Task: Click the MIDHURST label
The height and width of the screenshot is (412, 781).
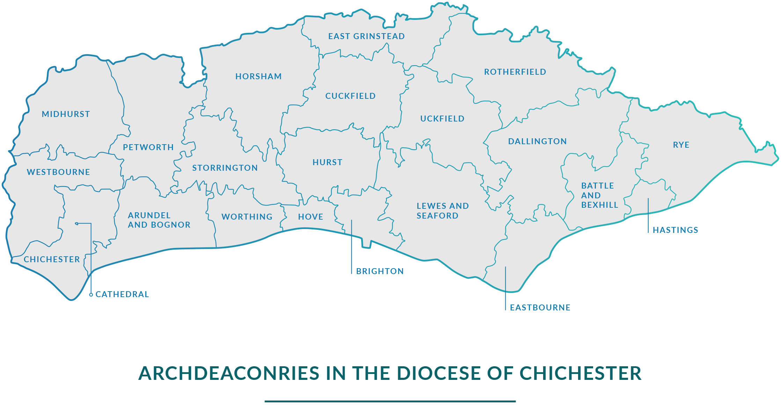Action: (x=66, y=114)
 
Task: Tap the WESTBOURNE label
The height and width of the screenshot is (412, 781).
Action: (x=58, y=172)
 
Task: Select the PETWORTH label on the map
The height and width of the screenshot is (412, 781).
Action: (x=148, y=147)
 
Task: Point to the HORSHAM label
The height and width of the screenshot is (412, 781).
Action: (x=258, y=76)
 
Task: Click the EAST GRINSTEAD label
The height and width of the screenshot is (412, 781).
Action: (x=366, y=36)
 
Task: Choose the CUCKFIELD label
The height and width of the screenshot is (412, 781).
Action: (x=350, y=96)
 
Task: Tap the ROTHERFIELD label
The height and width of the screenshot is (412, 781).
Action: (x=515, y=72)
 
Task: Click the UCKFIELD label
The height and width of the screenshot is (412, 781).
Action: (x=442, y=119)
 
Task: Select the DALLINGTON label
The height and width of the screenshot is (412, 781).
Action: (x=537, y=141)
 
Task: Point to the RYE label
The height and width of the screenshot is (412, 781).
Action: (x=681, y=145)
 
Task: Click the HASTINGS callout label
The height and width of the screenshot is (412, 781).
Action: (x=675, y=230)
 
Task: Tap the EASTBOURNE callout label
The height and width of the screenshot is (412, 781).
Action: (x=540, y=308)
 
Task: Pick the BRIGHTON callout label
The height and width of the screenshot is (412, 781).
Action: (x=380, y=271)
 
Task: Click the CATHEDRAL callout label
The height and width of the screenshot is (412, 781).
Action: (x=122, y=294)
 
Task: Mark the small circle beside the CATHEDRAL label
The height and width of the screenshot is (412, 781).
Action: (x=91, y=295)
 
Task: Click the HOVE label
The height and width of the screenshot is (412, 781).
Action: (x=311, y=217)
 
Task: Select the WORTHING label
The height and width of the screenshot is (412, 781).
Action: (x=247, y=217)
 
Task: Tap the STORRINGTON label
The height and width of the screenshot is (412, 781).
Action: (x=225, y=168)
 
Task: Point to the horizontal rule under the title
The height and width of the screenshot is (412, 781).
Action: (x=390, y=401)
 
